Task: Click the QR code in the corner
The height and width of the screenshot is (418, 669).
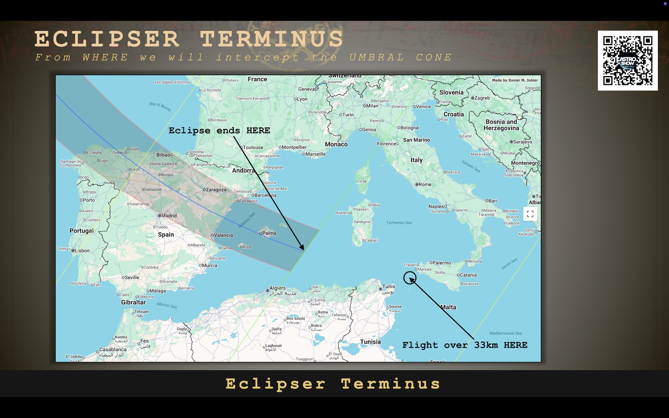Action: [x=628, y=61]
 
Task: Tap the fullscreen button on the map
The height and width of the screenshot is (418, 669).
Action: [x=530, y=214]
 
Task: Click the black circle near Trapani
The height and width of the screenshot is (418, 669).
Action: [x=410, y=278]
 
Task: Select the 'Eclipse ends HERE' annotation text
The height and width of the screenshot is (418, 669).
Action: [x=219, y=131]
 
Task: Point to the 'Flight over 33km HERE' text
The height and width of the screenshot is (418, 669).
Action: [x=464, y=345]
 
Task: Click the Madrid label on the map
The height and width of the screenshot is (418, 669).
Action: [x=169, y=216]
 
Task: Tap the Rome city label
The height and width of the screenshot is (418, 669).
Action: [x=425, y=184]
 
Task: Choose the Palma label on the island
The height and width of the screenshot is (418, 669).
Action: [x=269, y=233]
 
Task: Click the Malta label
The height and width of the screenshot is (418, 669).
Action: [x=448, y=307]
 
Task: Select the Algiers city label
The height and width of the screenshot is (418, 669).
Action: [x=277, y=288]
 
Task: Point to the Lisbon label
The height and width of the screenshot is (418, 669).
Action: [x=82, y=250]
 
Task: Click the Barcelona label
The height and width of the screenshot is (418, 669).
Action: [x=265, y=195]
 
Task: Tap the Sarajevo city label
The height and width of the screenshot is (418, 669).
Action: [x=522, y=142]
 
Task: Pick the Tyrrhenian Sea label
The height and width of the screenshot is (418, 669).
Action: [x=399, y=223]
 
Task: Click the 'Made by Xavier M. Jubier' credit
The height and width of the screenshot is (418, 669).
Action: [x=515, y=80]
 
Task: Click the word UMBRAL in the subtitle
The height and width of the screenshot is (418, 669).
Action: [x=377, y=57]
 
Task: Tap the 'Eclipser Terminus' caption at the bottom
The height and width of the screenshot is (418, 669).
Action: [x=333, y=384]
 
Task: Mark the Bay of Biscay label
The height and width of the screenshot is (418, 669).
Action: [x=160, y=106]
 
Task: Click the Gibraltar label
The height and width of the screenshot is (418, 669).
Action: [x=133, y=302]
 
